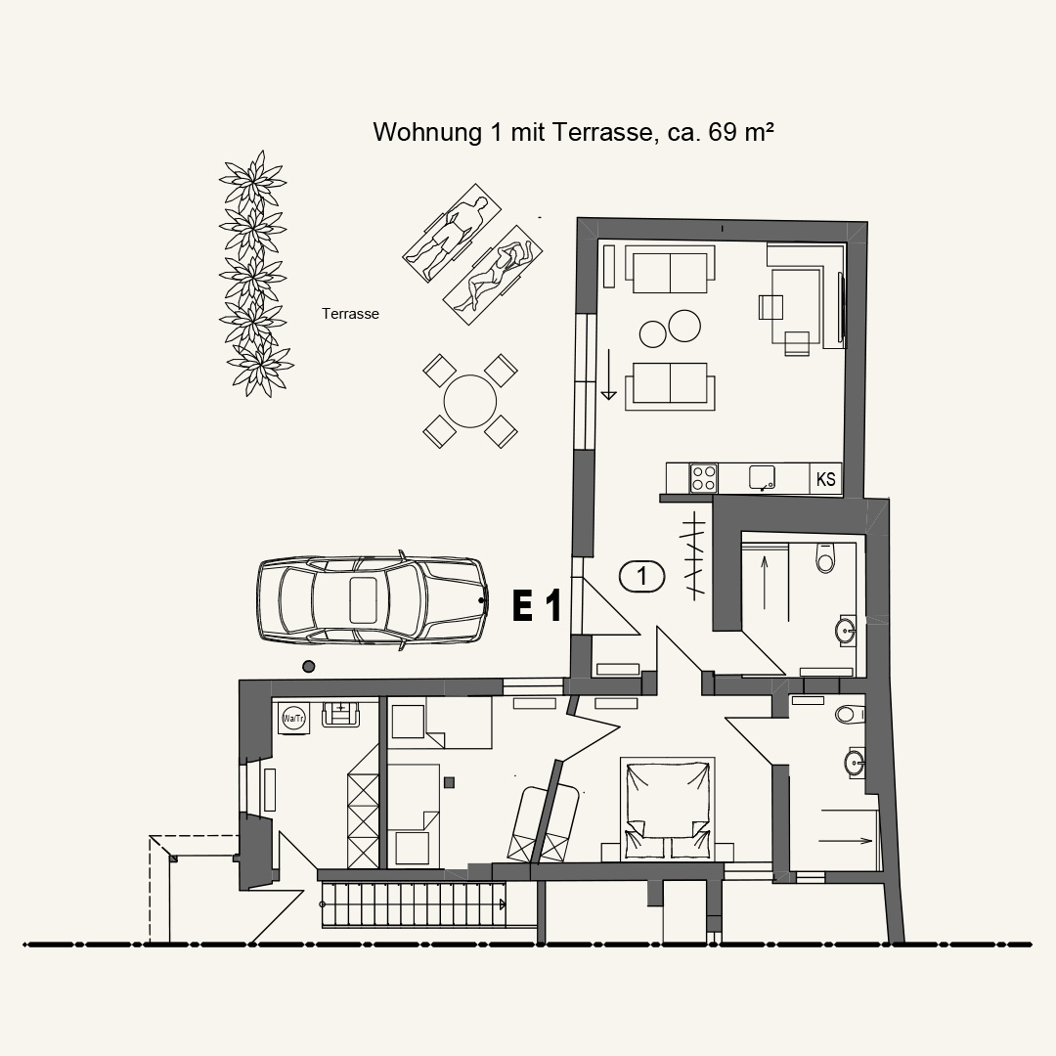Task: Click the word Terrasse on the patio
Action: pos(350,314)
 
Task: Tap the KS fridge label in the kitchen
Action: pos(825,479)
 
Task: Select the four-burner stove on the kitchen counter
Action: pos(703,478)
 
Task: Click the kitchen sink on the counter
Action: pos(763,477)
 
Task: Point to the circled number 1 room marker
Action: pos(641,577)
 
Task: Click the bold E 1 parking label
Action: pos(537,605)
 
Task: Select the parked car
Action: pos(372,600)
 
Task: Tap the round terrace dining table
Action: pos(470,402)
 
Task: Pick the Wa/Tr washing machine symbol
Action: pos(293,718)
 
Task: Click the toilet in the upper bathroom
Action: pos(825,556)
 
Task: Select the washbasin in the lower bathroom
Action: pos(855,763)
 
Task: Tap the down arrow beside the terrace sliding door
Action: pos(608,374)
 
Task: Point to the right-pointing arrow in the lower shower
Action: pos(845,841)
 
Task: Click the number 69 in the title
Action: pos(723,132)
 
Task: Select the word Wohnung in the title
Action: pos(427,133)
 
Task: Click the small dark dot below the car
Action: pos(308,667)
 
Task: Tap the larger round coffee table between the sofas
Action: pos(683,326)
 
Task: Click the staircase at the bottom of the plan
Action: pos(414,904)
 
